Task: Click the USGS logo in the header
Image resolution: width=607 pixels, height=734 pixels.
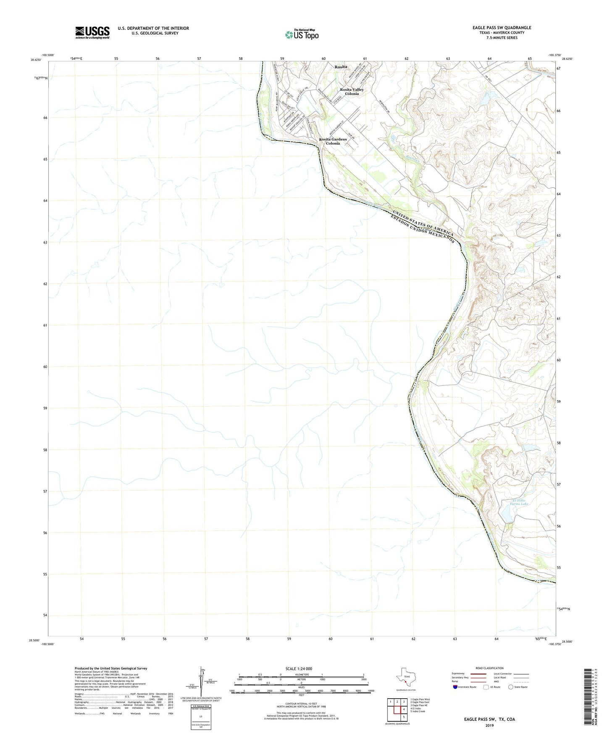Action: (92, 32)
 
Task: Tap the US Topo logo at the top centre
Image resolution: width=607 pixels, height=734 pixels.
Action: (301, 34)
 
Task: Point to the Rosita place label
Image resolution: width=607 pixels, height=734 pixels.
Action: (341, 67)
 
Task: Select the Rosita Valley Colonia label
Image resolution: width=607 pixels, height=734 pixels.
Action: (352, 92)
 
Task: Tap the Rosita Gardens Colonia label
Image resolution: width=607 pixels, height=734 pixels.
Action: (333, 141)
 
